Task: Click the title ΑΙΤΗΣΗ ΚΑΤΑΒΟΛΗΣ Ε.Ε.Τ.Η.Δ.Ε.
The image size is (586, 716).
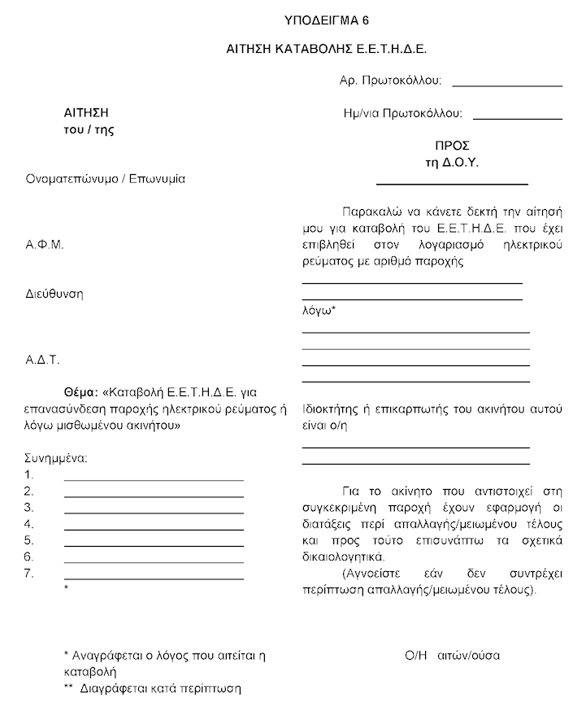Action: (x=327, y=50)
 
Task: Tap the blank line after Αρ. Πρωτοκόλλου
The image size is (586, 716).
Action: (x=507, y=85)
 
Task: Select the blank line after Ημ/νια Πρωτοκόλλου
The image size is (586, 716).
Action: (x=518, y=118)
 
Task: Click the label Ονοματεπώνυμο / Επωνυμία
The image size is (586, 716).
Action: (x=106, y=178)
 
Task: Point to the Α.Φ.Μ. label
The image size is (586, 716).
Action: (x=45, y=243)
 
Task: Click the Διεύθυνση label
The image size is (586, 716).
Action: (x=54, y=294)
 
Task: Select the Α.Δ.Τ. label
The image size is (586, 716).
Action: (x=44, y=359)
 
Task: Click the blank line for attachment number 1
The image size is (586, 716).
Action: (x=154, y=479)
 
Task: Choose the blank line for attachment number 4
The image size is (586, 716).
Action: (x=154, y=528)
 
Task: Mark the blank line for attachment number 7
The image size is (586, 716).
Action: (x=154, y=578)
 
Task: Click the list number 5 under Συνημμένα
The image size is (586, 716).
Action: (x=29, y=540)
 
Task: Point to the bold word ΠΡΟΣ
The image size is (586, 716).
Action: (x=453, y=146)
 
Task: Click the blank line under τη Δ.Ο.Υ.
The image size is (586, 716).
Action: (x=452, y=184)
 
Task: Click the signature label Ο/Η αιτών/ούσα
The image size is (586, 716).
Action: (x=452, y=655)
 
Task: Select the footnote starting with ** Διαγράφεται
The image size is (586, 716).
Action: (x=152, y=688)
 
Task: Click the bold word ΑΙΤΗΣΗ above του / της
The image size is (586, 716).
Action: (x=86, y=112)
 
